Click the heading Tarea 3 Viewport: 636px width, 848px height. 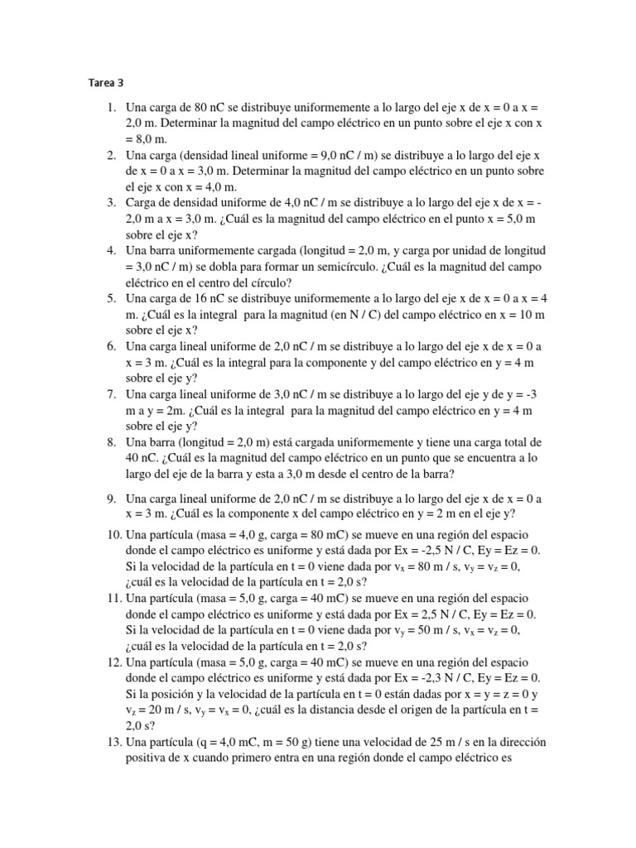coord(105,83)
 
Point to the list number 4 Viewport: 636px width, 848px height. coord(111,250)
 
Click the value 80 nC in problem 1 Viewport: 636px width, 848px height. coord(213,108)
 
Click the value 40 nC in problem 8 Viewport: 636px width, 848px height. coord(142,458)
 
